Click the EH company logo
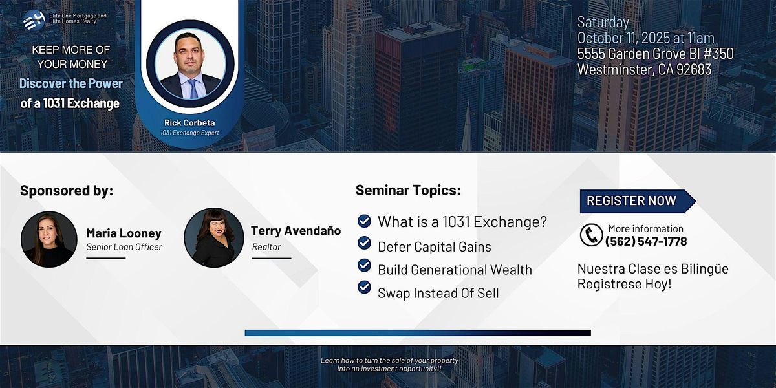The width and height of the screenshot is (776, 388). coord(34,21)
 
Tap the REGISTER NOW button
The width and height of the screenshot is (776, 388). coord(638,201)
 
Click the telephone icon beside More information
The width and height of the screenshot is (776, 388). coord(591,235)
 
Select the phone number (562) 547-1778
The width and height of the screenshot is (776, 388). coord(646,241)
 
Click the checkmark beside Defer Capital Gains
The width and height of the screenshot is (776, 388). coord(364,243)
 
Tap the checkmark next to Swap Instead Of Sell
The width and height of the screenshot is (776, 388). coord(364,287)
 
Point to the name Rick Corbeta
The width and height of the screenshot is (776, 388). coord(189,123)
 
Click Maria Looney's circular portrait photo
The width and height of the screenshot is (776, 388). coord(49,239)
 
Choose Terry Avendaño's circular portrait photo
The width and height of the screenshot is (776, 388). coord(214,238)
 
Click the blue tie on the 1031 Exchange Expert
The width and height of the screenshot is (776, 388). coord(193,89)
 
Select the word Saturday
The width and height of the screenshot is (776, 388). coord(603,23)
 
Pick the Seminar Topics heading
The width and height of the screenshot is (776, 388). coord(408,190)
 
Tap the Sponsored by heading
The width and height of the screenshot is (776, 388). coord(67,191)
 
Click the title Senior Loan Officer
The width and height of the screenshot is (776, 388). coord(124,247)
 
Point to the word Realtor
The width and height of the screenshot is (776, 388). coord(266,247)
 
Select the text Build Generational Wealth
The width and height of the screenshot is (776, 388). coord(455,270)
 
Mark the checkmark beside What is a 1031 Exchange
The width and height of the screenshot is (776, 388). coord(364,221)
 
